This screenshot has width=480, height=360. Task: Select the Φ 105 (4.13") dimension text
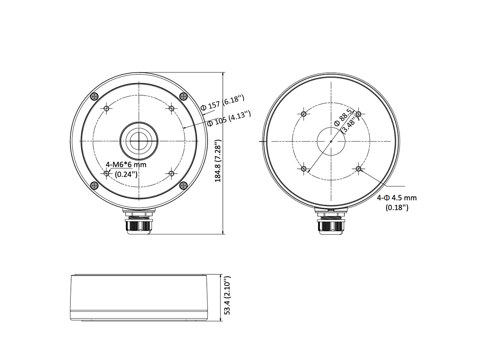pos(229,119)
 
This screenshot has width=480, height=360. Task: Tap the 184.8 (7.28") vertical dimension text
pos(218,161)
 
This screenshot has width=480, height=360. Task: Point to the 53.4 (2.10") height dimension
pos(227,295)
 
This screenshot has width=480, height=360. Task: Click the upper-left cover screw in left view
pos(94,96)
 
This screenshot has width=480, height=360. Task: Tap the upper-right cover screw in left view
pos(183,96)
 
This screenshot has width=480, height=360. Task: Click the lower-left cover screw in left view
pos(94,185)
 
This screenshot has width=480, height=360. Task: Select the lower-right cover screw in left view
pos(183,185)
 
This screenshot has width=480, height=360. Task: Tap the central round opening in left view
pos(139,140)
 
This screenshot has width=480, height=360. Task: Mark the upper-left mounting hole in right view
pos(304,114)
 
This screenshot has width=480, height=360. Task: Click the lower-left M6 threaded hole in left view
pos(106,173)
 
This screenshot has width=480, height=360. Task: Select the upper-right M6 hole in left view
pos(171,108)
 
